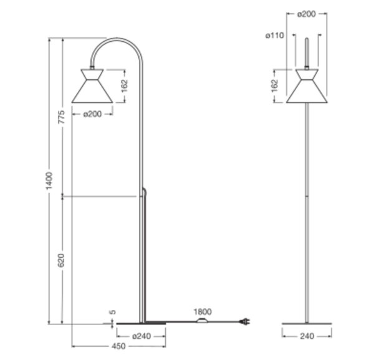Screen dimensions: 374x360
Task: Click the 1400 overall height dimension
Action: click(x=49, y=181)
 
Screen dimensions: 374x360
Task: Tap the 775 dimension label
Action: click(x=61, y=117)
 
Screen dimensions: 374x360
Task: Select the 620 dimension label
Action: click(x=61, y=260)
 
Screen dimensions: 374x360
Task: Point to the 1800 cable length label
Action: click(x=203, y=311)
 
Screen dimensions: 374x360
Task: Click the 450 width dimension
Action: click(x=118, y=346)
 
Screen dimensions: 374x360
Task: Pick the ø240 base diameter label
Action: click(x=141, y=336)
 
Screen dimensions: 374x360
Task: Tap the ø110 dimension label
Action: click(x=275, y=36)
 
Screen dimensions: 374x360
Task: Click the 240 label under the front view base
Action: click(x=307, y=336)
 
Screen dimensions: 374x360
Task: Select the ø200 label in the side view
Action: click(x=92, y=114)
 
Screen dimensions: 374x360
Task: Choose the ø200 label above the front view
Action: click(x=307, y=14)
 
